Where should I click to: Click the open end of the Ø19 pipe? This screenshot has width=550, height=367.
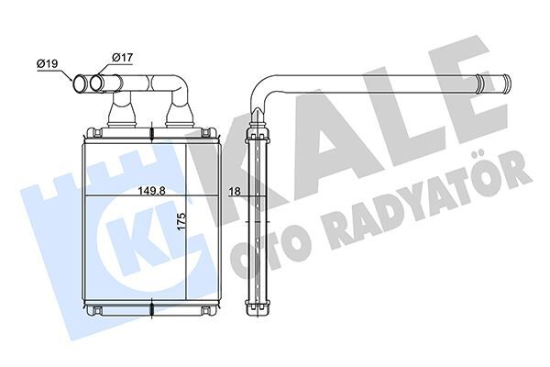pos(80,85)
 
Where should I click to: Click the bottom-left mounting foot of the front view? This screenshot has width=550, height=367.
pos(92,314)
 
